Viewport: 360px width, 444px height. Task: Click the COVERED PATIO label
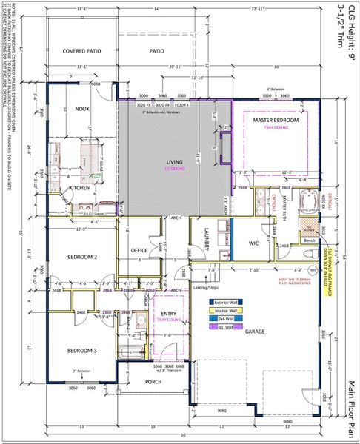(x=82, y=52)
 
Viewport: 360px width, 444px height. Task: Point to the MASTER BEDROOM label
(x=276, y=120)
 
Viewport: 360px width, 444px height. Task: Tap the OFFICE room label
(x=140, y=251)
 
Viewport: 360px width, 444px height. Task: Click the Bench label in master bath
(x=310, y=240)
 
